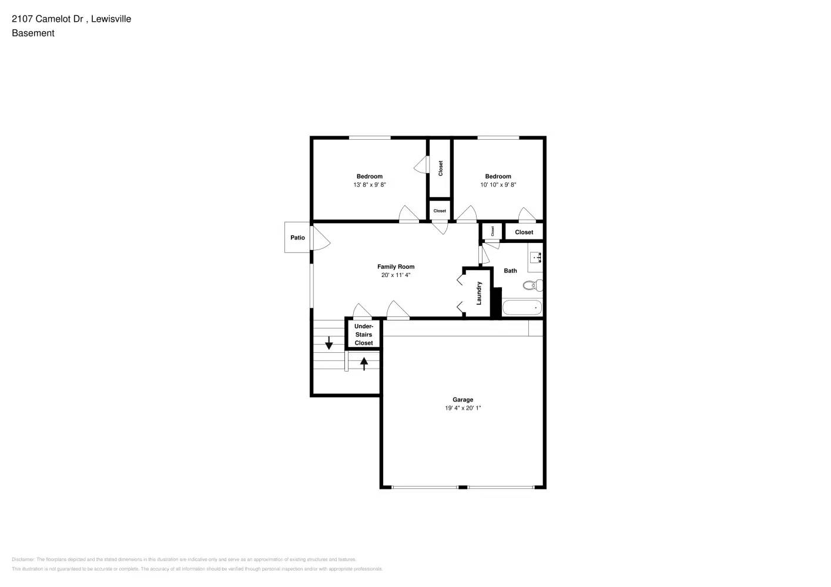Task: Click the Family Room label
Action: tap(396, 266)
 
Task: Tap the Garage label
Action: tap(463, 400)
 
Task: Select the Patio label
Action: tap(297, 238)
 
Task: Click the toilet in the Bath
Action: tap(532, 286)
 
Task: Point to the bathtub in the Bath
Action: tap(522, 308)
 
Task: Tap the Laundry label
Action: tap(479, 293)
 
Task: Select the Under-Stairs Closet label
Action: tap(364, 335)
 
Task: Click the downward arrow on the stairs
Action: tap(329, 345)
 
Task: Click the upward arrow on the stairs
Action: tap(364, 363)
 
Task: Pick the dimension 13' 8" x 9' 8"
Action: tap(369, 185)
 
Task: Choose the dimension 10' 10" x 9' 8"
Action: tap(498, 185)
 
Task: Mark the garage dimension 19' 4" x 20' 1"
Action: tap(463, 408)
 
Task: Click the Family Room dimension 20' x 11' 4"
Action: tap(396, 275)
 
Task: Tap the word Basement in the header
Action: tap(33, 33)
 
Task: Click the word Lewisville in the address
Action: tap(112, 19)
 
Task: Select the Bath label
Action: tap(510, 271)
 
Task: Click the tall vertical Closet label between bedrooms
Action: tap(440, 168)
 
